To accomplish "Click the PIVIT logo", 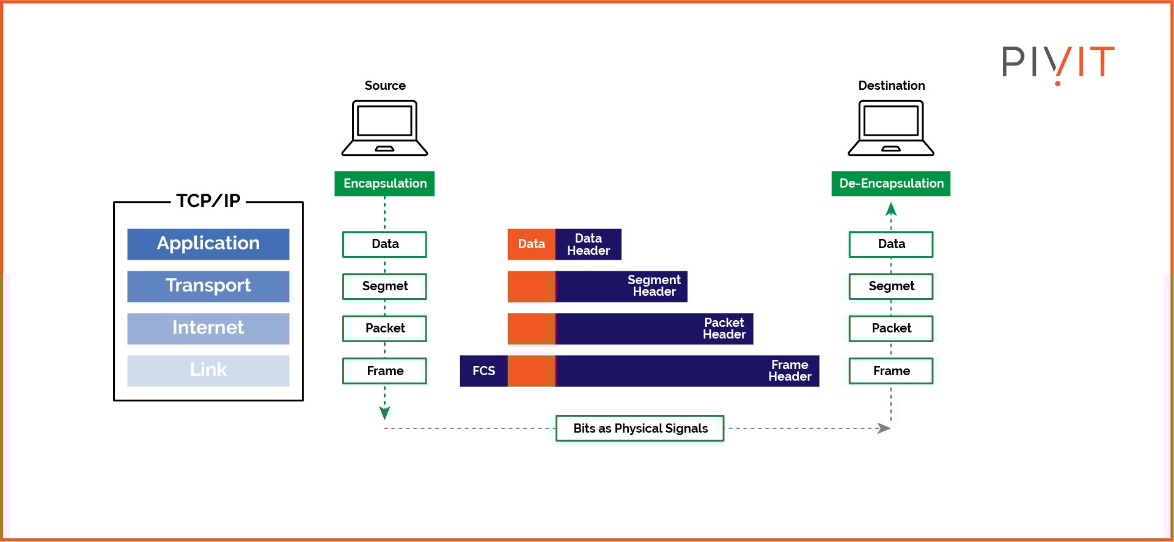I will pyautogui.click(x=1058, y=62).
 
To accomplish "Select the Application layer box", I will pyautogui.click(x=208, y=244).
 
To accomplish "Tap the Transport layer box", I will pyautogui.click(x=208, y=286).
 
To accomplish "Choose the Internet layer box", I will pyautogui.click(x=208, y=328).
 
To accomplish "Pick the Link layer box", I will pyautogui.click(x=208, y=370).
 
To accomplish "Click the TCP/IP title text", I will pyautogui.click(x=208, y=201).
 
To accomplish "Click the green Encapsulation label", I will pyautogui.click(x=384, y=183).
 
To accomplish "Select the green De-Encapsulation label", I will pyautogui.click(x=890, y=183).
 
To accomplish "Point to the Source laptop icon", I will pyautogui.click(x=384, y=128).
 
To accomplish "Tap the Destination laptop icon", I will pyautogui.click(x=890, y=128).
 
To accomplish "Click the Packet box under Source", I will pyautogui.click(x=384, y=328).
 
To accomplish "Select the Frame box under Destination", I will pyautogui.click(x=890, y=371).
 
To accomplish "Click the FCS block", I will pyautogui.click(x=483, y=371).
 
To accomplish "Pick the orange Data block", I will pyautogui.click(x=531, y=244).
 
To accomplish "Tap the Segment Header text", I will pyautogui.click(x=654, y=286).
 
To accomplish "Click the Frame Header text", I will pyautogui.click(x=789, y=371).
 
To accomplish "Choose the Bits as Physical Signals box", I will pyautogui.click(x=640, y=428).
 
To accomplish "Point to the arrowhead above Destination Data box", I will pyautogui.click(x=891, y=210).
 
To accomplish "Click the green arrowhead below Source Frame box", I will pyautogui.click(x=384, y=413).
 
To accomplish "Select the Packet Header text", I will pyautogui.click(x=724, y=328).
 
